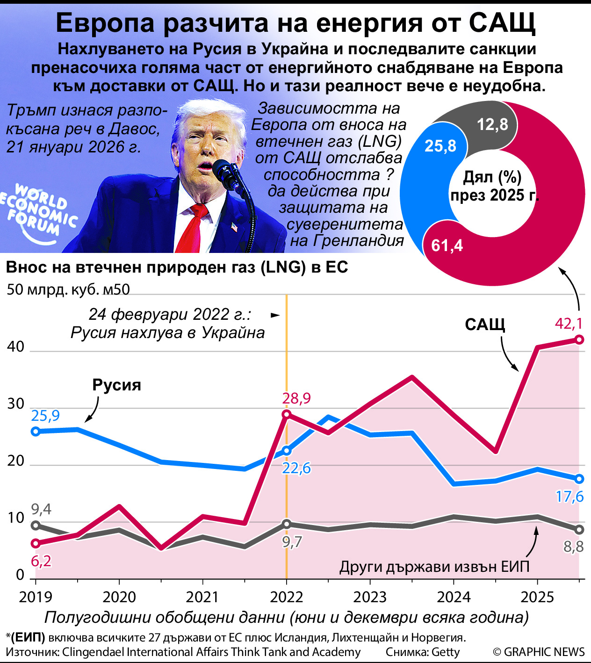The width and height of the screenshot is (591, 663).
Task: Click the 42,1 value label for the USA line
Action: tap(568, 324)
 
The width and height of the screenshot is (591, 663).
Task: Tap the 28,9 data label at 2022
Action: tap(296, 398)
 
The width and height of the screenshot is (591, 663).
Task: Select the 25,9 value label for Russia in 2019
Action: tap(45, 415)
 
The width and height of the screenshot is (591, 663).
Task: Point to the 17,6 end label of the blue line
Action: tap(569, 496)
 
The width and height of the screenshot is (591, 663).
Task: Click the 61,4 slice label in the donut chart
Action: tap(447, 245)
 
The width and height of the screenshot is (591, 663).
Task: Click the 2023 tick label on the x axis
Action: tap(370, 597)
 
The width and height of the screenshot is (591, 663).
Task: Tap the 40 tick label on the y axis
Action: tap(15, 346)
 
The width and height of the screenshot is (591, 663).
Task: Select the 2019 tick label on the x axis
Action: tap(36, 597)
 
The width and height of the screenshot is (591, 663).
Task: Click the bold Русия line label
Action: tap(116, 385)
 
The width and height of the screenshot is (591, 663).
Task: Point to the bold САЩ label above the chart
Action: tap(485, 324)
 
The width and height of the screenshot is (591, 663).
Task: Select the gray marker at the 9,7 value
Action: tap(287, 524)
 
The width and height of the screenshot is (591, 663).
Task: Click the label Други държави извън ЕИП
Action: tap(434, 567)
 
